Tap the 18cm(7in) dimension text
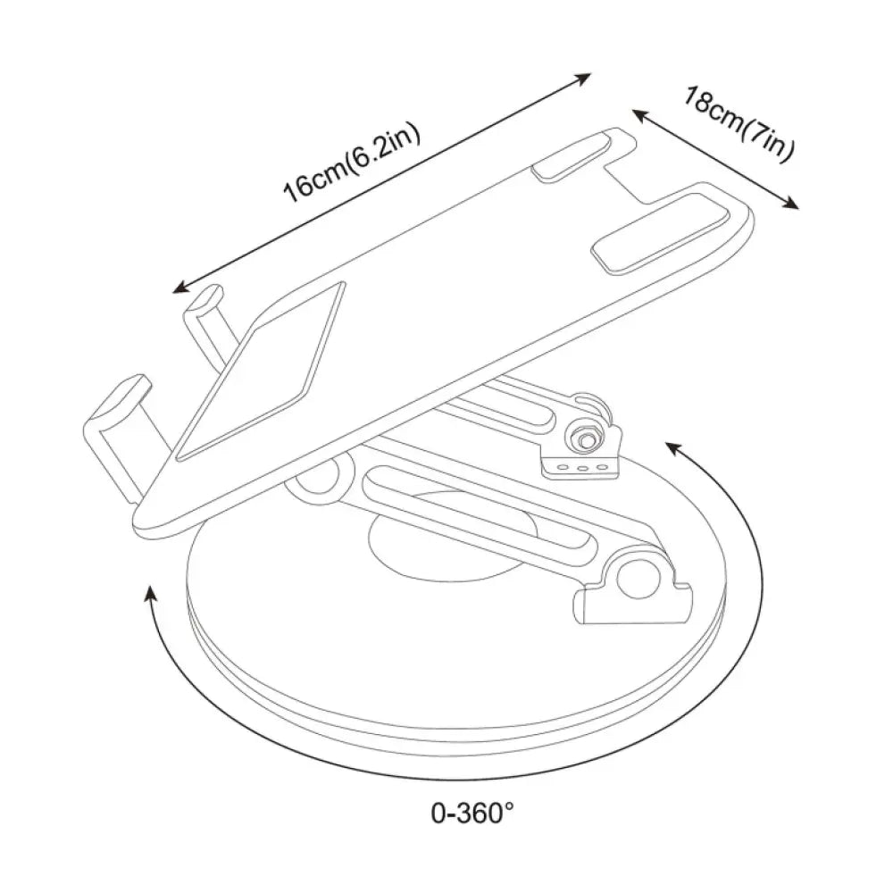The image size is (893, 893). click(739, 123)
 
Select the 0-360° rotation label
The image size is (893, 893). click(472, 813)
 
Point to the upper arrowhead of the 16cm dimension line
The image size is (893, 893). click(582, 78)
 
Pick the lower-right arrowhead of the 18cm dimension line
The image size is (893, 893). click(789, 204)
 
